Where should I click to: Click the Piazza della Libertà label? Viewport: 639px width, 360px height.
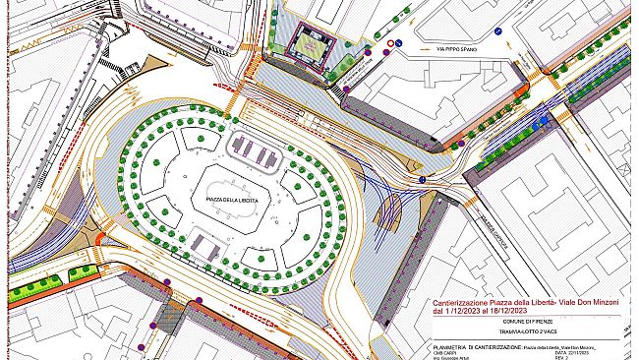coord(233,201)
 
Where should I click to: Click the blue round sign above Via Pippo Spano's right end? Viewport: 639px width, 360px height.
coord(498,32)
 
